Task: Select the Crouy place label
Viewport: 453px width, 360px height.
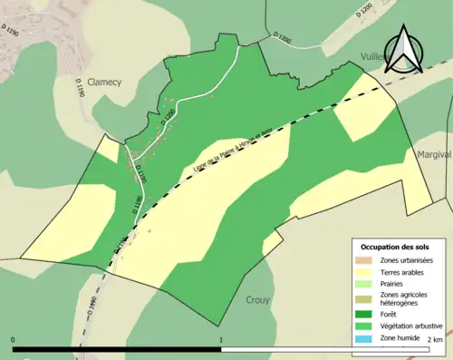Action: [259, 299]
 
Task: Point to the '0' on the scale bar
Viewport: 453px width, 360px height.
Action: [14, 340]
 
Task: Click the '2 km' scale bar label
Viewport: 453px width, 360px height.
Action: [434, 340]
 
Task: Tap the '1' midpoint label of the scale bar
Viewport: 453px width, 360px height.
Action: [221, 340]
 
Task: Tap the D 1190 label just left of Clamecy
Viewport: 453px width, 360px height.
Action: [81, 88]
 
